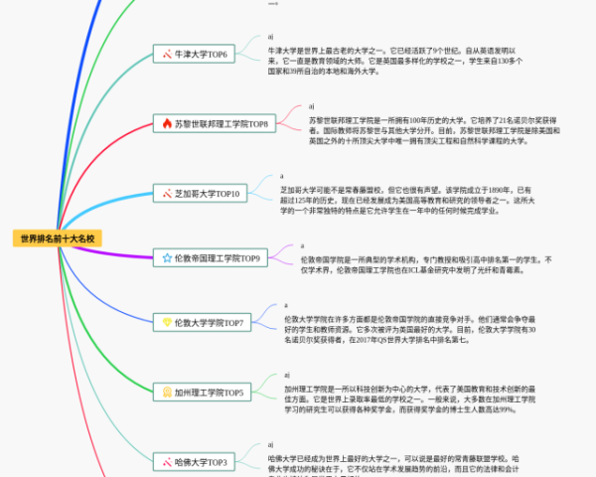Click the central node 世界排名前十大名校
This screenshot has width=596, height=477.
click(58, 238)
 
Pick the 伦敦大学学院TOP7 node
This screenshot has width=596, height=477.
click(208, 323)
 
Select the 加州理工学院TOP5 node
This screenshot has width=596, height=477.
click(207, 393)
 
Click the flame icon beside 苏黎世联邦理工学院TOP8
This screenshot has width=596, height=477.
click(167, 124)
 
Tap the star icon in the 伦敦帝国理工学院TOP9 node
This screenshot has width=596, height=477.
click(167, 258)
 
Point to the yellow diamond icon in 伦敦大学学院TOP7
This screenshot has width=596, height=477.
click(167, 323)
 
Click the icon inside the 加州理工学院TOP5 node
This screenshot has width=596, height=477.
click(167, 393)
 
